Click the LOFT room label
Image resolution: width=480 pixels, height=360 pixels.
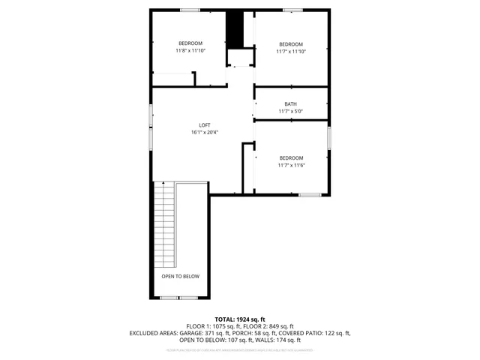pos(204,124)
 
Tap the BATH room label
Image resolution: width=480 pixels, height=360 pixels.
pos(290,104)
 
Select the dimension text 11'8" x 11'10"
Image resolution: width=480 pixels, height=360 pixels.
pos(190,50)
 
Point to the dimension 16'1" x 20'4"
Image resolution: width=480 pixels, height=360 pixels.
pos(204,133)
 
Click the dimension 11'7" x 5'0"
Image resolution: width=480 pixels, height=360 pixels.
pos(290,112)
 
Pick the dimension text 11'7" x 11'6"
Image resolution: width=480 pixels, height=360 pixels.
pos(290,165)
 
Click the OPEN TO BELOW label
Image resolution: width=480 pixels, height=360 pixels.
pos(181,277)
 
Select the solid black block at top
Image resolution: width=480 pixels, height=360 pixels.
pos(236,29)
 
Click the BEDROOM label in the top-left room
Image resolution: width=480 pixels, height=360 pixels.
pos(190,43)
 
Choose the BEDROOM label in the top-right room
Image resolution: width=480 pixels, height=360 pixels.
pos(290,43)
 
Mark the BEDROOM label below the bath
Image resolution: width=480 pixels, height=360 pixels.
pos(290,157)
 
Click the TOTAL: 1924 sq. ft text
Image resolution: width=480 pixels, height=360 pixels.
pos(240,319)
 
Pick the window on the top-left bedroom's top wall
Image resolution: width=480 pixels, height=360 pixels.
pos(190,10)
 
